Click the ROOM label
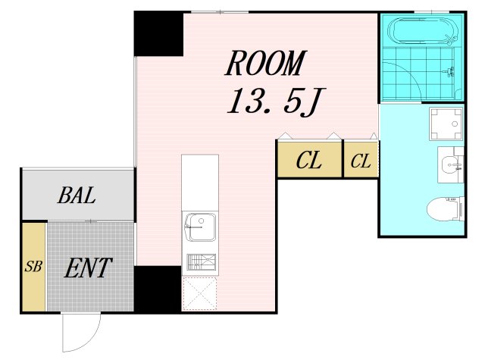(266, 63)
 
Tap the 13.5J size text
(274, 102)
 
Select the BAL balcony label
(77, 196)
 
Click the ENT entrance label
(88, 268)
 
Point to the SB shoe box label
(33, 266)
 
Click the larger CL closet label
(308, 160)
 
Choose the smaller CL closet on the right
(361, 161)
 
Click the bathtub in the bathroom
(421, 31)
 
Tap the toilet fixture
(446, 208)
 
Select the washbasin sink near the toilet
(450, 165)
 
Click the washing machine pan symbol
(446, 124)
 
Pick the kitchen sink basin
(200, 227)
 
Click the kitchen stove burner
(201, 261)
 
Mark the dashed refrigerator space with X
(199, 293)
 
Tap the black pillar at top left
(158, 34)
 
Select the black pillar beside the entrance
(158, 289)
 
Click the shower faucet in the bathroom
(449, 72)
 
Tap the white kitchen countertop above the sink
(200, 183)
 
